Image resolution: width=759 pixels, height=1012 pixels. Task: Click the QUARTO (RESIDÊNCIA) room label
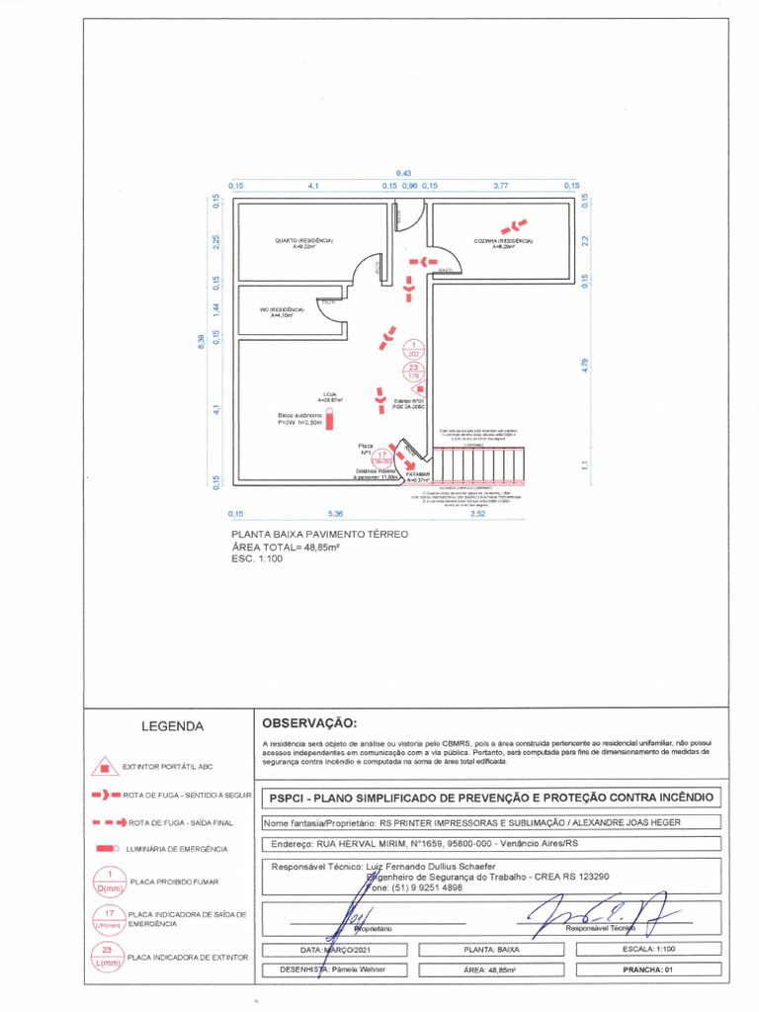[303, 241]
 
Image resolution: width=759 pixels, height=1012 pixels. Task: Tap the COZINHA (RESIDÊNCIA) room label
[503, 241]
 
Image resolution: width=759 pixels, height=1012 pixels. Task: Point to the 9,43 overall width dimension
[403, 174]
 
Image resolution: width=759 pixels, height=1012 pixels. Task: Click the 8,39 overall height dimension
[201, 341]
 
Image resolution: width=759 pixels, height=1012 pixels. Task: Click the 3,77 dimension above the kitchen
[501, 185]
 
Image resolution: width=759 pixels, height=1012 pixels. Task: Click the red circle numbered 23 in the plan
[413, 372]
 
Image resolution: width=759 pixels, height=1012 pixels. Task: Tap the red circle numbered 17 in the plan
[382, 456]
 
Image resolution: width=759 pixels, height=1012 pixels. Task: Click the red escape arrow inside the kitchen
[514, 226]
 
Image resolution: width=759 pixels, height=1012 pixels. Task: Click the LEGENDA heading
[172, 726]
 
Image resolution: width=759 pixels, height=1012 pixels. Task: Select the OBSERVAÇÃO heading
[309, 724]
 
